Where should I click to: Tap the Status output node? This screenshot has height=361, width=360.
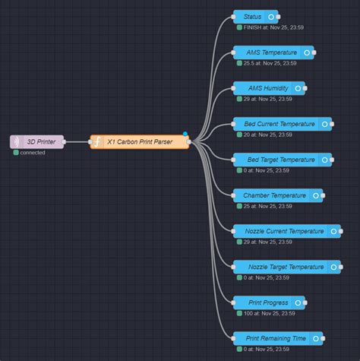(254, 17)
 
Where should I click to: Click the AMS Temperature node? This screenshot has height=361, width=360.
(272, 52)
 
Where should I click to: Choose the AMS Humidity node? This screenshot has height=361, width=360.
(267, 88)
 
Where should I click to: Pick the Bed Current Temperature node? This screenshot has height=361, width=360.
(279, 124)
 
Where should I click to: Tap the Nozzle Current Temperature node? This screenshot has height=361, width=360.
(285, 231)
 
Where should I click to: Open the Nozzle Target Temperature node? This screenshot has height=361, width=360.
(285, 267)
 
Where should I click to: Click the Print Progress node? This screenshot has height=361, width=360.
(268, 302)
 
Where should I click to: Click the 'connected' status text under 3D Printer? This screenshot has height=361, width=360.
(33, 153)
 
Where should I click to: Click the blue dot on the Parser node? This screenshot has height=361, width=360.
(185, 135)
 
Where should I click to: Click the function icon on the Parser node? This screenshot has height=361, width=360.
(97, 142)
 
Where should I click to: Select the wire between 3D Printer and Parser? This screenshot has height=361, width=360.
(78, 142)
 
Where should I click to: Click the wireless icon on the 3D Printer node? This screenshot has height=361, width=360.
(17, 142)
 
